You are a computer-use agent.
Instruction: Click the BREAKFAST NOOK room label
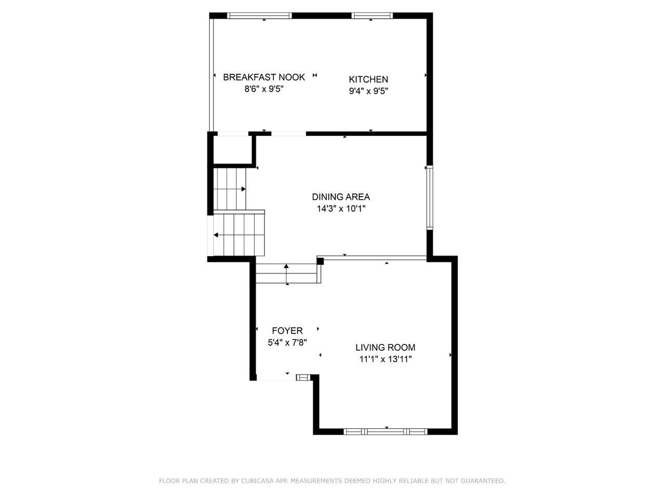click(x=263, y=77)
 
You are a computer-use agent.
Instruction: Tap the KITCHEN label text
click(x=368, y=79)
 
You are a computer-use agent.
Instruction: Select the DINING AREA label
click(x=341, y=197)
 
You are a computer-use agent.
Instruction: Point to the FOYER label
click(x=287, y=330)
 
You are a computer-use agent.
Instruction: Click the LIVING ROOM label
click(x=385, y=348)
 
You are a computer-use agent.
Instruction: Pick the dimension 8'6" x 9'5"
click(x=263, y=89)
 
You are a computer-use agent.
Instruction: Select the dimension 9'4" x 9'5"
click(x=368, y=91)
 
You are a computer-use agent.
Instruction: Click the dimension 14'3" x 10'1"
click(x=341, y=209)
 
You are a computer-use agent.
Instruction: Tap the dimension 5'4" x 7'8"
click(x=287, y=342)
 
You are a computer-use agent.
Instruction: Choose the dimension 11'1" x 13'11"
click(x=385, y=359)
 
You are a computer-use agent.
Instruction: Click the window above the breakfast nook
click(x=259, y=16)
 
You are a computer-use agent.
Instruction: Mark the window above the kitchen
click(x=372, y=16)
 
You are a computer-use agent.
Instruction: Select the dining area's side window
click(x=430, y=198)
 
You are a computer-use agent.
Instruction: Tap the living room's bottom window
click(x=385, y=432)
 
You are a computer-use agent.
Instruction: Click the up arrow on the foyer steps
click(x=286, y=274)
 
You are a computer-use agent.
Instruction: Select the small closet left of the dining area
click(x=232, y=150)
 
